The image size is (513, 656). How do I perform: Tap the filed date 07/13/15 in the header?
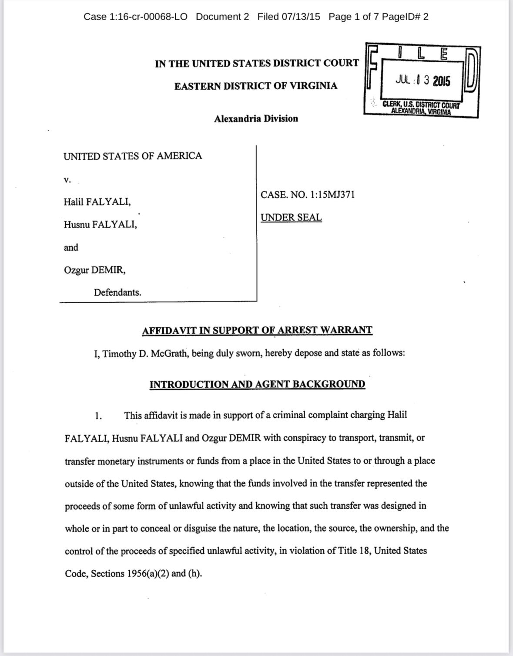click(x=301, y=17)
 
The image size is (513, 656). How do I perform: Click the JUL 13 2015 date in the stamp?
click(x=422, y=81)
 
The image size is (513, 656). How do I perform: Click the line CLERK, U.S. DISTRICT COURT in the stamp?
click(x=421, y=105)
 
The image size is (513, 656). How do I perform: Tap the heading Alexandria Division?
click(x=256, y=118)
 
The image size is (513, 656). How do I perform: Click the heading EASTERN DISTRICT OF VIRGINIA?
click(x=256, y=86)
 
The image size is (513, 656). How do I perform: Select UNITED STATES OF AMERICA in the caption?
click(x=133, y=156)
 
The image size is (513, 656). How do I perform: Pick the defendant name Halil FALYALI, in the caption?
click(x=97, y=202)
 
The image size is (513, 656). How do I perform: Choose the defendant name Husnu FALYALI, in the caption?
click(x=101, y=225)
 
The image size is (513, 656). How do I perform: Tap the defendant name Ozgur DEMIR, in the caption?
click(x=95, y=270)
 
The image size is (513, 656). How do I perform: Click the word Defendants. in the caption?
click(x=117, y=293)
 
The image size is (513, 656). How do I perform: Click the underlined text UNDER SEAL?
click(x=291, y=217)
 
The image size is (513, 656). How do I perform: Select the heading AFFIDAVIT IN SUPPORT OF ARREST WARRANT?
click(x=257, y=330)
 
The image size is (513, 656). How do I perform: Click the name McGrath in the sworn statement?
click(x=169, y=353)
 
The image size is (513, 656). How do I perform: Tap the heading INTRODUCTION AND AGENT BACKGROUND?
click(x=257, y=384)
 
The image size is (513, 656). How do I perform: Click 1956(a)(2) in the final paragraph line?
click(x=148, y=573)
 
